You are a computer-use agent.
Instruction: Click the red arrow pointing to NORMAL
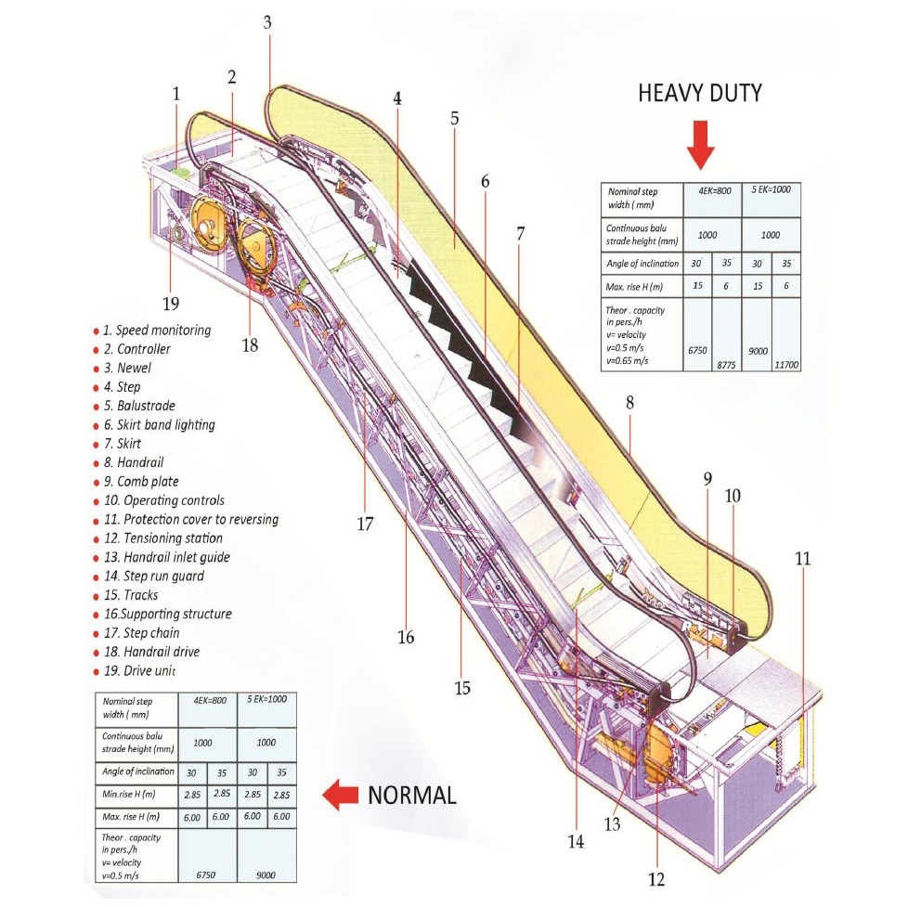341,795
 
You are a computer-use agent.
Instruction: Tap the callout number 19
171,303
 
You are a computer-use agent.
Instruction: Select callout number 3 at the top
267,23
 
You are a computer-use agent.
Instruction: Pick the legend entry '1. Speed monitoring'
157,330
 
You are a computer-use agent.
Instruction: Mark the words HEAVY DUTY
699,93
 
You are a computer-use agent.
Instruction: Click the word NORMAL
412,795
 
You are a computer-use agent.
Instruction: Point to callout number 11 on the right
802,559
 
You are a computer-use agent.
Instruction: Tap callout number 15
462,688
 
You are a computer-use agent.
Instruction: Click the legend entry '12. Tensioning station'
165,538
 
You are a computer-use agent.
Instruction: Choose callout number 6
484,183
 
